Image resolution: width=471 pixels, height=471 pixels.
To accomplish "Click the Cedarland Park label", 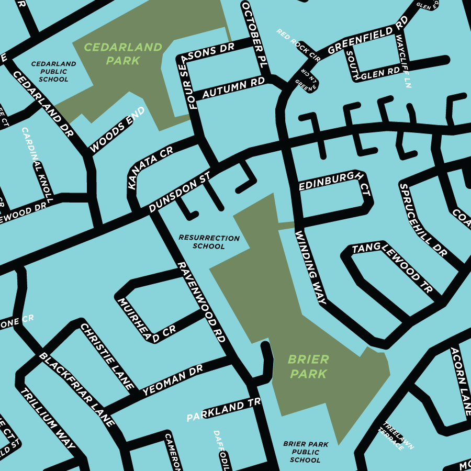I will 123,54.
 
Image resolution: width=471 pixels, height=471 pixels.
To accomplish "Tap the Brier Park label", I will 309,366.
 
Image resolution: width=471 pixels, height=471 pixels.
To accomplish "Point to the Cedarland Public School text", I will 53,72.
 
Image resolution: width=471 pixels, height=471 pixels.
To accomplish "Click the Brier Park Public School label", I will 306,452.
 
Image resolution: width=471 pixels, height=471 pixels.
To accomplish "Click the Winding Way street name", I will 311,268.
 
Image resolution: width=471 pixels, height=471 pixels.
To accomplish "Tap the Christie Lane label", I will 107,356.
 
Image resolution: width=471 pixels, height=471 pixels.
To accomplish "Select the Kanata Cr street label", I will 150,168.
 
